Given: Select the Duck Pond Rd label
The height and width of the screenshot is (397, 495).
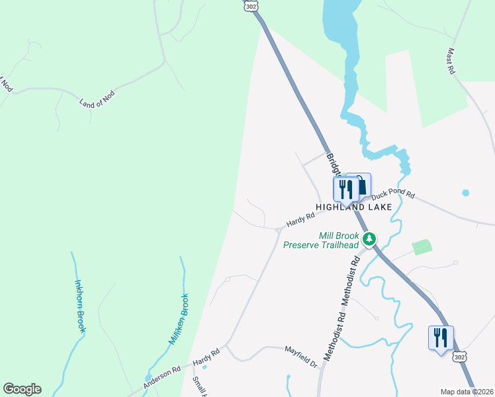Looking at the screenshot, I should tap(392, 195).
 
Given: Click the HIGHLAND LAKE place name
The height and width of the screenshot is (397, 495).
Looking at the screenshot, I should tap(353, 207).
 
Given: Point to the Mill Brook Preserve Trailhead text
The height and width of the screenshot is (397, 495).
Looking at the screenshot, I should tap(321, 240).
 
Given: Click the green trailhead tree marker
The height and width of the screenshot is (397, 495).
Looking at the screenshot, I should tap(370, 238).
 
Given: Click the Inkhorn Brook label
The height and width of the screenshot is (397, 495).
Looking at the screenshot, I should tap(80, 306).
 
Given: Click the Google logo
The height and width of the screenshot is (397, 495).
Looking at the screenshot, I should tap(22, 389).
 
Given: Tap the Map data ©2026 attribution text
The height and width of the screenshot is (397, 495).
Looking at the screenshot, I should tap(467, 392).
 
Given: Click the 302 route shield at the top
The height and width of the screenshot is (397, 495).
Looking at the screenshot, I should tap(250, 5).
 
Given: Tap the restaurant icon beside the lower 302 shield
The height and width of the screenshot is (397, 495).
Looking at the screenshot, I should tap(440, 337).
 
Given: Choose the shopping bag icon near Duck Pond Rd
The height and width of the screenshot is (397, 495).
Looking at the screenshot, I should tap(361, 185).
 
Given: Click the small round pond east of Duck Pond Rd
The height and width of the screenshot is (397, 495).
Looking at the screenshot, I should tap(465, 193).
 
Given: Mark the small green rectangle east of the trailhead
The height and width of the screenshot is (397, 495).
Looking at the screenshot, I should tap(422, 247).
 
